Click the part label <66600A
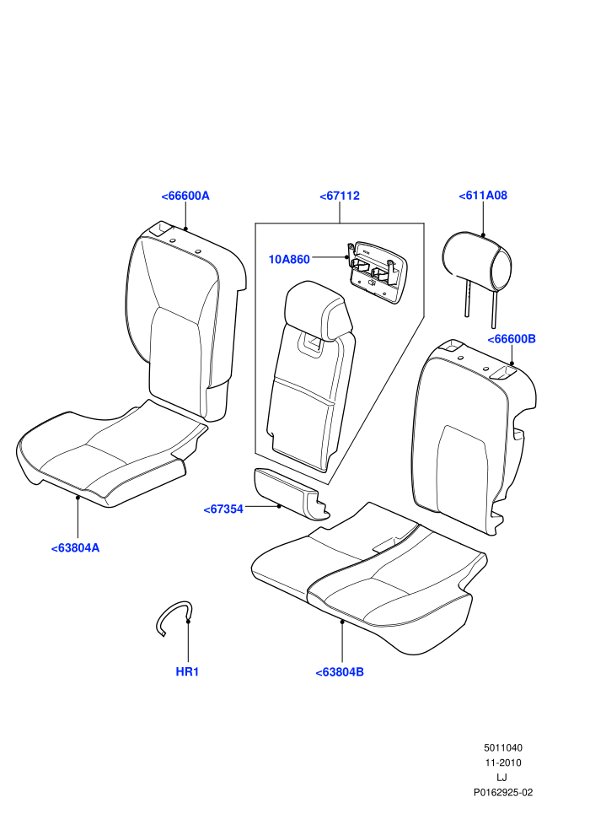pyautogui.click(x=185, y=196)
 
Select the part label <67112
pyautogui.click(x=340, y=196)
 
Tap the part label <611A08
pyautogui.click(x=483, y=196)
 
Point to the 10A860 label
pyautogui.click(x=289, y=259)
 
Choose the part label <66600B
pyautogui.click(x=512, y=339)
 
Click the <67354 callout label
pyautogui.click(x=223, y=509)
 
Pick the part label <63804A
pyautogui.click(x=75, y=548)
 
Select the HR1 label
pyautogui.click(x=187, y=672)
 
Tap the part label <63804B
pyautogui.click(x=340, y=672)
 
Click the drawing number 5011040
pyautogui.click(x=502, y=747)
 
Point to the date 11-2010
pyautogui.click(x=502, y=762)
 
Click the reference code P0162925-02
pyautogui.click(x=502, y=792)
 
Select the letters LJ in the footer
pyautogui.click(x=501, y=778)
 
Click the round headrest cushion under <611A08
pyautogui.click(x=477, y=261)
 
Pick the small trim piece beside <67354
pyautogui.click(x=291, y=493)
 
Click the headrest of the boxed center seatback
pyautogui.click(x=318, y=308)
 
